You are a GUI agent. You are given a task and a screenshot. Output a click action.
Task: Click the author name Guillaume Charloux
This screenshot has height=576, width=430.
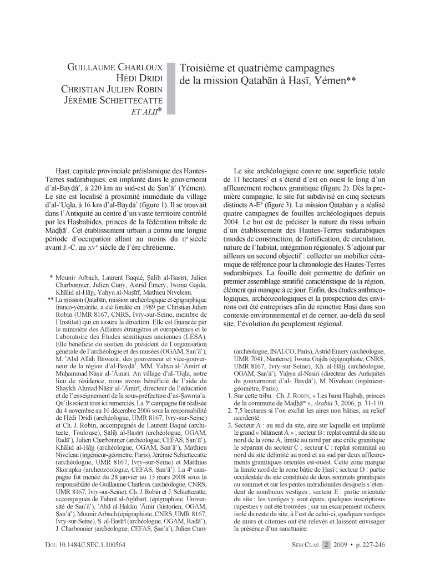tap(115, 68)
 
